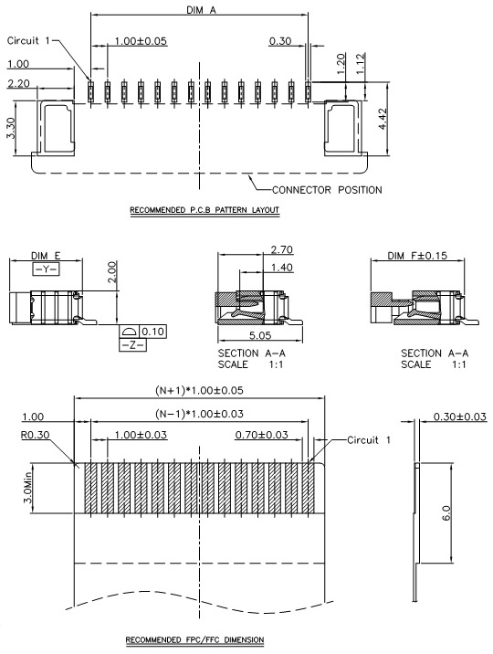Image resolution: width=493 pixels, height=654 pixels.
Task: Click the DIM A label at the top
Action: pos(201,10)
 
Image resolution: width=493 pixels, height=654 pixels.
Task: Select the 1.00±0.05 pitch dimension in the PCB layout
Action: pos(141,41)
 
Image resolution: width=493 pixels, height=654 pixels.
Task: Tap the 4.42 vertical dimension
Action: pos(383,119)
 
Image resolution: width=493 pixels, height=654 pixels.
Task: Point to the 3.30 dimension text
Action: pos(11,128)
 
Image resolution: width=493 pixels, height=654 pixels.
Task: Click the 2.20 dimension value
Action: pos(19,83)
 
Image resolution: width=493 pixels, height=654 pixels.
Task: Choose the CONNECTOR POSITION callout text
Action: pos(327,190)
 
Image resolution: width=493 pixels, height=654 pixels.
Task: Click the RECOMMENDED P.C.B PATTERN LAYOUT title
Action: pos(205,210)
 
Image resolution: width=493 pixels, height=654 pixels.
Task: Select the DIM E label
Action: pos(46,256)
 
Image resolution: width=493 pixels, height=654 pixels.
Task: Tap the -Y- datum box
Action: pos(46,269)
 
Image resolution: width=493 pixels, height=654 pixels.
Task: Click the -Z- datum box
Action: pos(133,345)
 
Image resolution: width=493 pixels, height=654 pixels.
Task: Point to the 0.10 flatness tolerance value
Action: pos(153,332)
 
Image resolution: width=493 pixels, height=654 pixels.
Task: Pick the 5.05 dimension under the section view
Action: pos(260,335)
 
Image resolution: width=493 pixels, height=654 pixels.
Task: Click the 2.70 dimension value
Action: pos(282,249)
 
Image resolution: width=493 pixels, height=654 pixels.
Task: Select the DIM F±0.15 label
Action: pos(417,255)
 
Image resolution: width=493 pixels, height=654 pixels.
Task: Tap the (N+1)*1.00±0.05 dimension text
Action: pos(199,390)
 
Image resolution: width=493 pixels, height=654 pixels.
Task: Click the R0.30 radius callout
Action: pos(35,435)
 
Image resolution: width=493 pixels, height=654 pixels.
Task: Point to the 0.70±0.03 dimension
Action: pos(262,435)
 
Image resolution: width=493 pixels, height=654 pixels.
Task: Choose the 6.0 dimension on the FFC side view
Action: pos(446,513)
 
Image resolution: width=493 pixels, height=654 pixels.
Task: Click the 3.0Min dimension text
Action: pos(28,487)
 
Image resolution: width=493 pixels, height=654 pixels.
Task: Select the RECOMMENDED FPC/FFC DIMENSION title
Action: pos(195,639)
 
